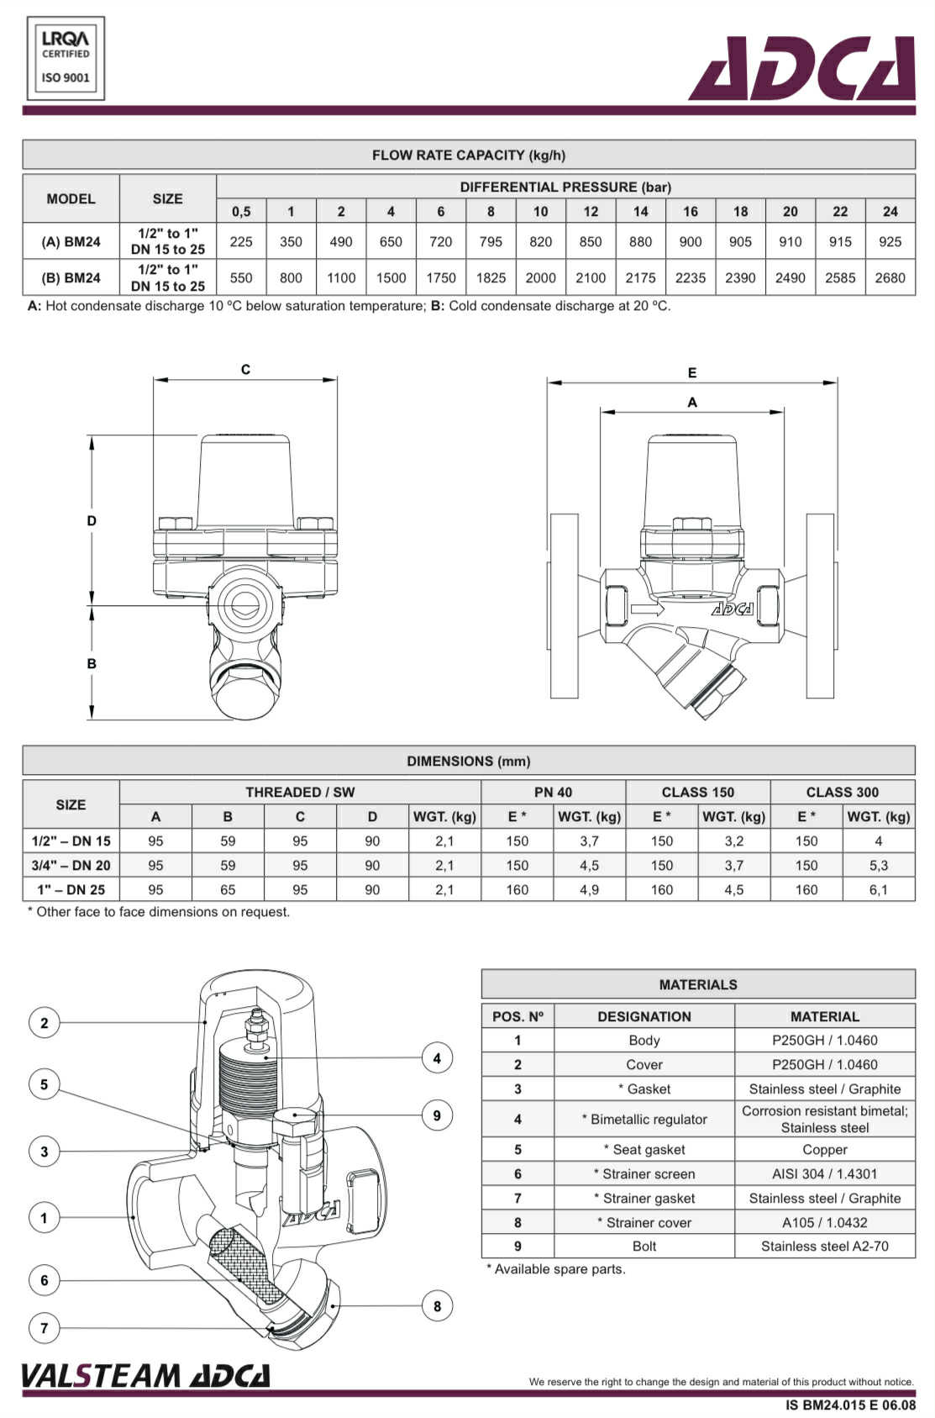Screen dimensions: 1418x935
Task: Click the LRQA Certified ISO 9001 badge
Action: point(66,58)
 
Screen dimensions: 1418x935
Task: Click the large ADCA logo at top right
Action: point(801,69)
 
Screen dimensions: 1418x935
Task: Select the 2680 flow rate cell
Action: point(890,277)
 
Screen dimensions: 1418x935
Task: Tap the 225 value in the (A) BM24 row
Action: point(241,242)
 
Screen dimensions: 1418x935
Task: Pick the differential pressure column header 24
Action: point(890,211)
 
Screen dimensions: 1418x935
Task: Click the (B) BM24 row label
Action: point(71,277)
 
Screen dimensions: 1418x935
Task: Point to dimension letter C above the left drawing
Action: point(245,369)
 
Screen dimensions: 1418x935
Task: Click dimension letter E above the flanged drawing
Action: point(692,372)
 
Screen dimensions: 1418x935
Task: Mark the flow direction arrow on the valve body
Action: point(647,608)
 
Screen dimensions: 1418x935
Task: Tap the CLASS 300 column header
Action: point(842,792)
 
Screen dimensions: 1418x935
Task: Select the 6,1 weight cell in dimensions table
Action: point(878,889)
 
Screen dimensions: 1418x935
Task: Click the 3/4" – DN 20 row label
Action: point(71,865)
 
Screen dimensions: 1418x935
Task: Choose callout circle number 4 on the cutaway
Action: point(437,1058)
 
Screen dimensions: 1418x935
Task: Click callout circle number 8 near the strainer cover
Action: point(437,1305)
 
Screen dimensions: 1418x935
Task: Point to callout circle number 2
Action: point(45,1023)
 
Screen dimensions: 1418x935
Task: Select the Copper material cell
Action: point(824,1149)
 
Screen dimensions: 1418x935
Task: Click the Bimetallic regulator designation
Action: point(644,1119)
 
